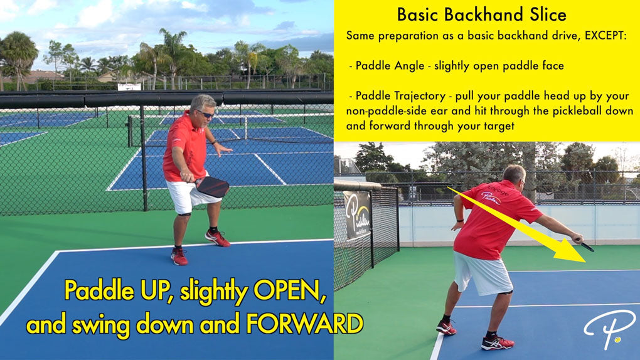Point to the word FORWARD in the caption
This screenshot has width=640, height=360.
pyautogui.click(x=304, y=324)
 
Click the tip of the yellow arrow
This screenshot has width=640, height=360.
pyautogui.click(x=585, y=262)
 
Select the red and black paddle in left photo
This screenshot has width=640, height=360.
pyautogui.click(x=211, y=186)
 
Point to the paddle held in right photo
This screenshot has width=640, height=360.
pyautogui.click(x=587, y=246)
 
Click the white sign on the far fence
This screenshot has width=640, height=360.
pyautogui.click(x=129, y=87)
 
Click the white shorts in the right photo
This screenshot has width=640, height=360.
pyautogui.click(x=482, y=273)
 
